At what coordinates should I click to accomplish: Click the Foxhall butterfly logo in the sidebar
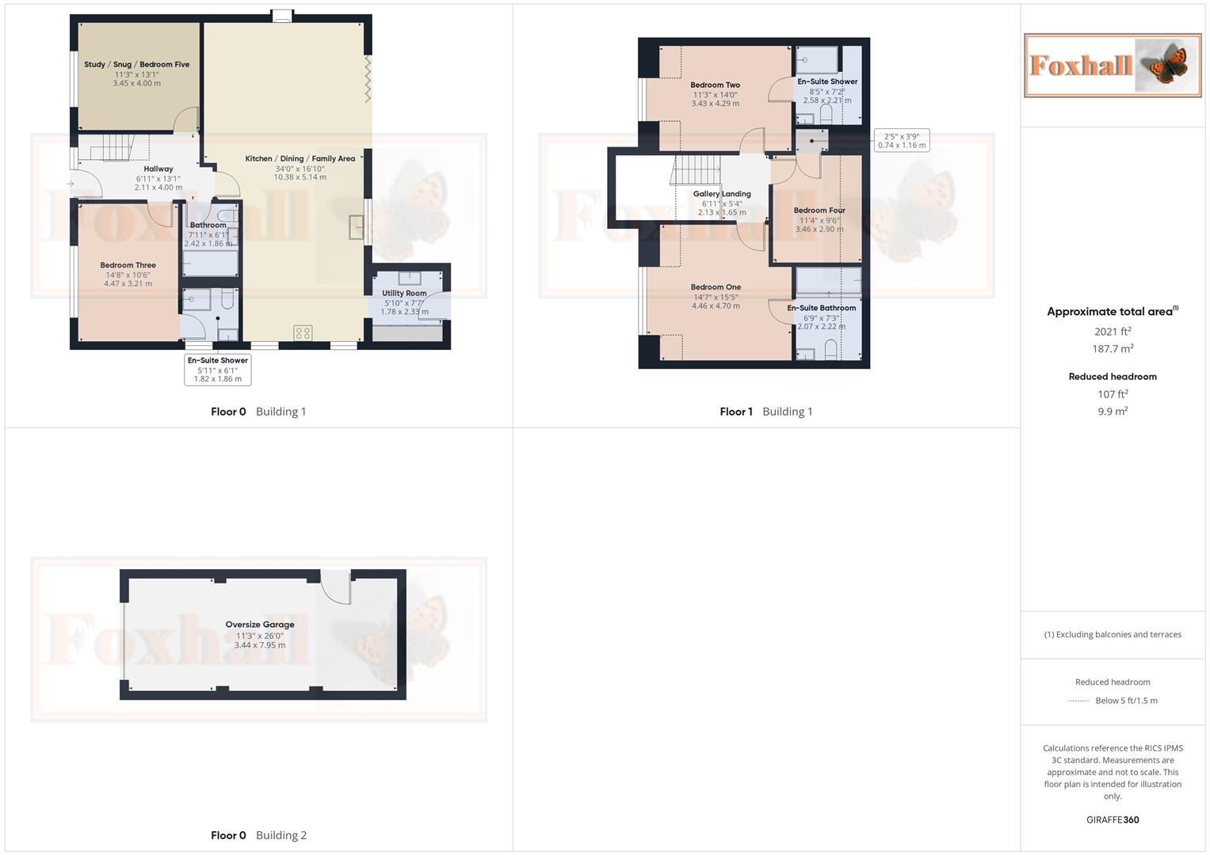click(x=1112, y=66)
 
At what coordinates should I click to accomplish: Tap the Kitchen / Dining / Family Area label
click(x=300, y=159)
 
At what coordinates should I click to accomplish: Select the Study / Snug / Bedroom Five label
click(x=136, y=65)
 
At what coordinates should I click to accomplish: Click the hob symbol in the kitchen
click(x=303, y=333)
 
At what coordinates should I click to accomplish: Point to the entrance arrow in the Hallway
click(x=71, y=184)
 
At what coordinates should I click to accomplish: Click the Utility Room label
click(x=404, y=293)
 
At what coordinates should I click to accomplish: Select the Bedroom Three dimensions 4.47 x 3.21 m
click(x=128, y=283)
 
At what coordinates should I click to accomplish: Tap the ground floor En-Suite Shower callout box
click(x=218, y=370)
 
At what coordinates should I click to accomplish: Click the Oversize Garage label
click(x=260, y=625)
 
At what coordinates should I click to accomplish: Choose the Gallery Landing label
click(x=722, y=194)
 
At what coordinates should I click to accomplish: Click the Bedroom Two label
click(x=715, y=85)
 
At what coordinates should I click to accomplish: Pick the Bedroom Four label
click(x=819, y=211)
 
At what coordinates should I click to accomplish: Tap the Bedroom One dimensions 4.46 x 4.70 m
click(x=716, y=306)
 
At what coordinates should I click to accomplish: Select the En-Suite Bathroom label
click(x=821, y=308)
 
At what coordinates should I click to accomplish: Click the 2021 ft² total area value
click(x=1113, y=332)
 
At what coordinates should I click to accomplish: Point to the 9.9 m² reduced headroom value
click(x=1113, y=412)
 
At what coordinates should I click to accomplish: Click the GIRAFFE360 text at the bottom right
click(x=1113, y=820)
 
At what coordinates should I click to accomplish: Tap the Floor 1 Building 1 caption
click(x=765, y=412)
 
